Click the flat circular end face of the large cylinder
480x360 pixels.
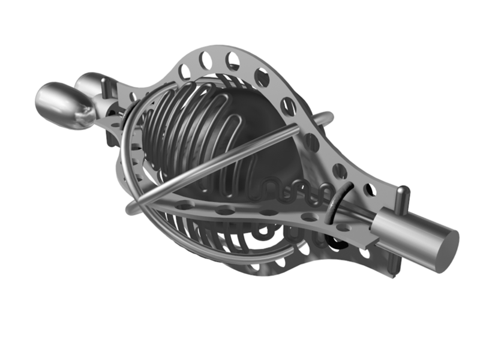pos(445,248)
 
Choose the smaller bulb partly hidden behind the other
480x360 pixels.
pos(90,84)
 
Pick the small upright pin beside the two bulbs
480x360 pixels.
pos(107,90)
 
